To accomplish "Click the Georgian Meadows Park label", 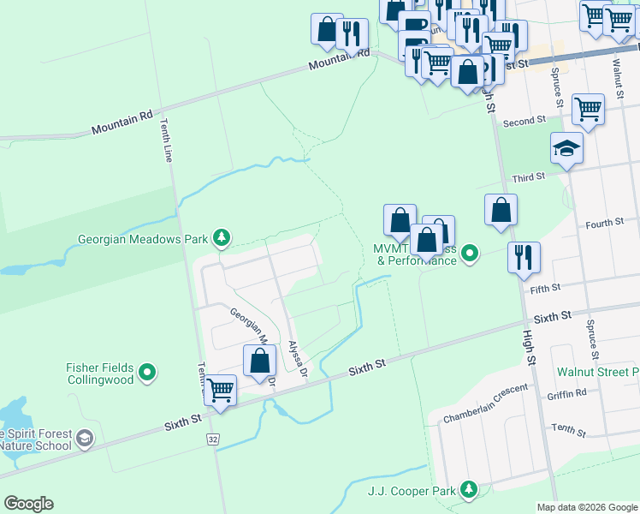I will tap(143, 239).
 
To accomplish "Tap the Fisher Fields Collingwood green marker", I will tap(148, 373).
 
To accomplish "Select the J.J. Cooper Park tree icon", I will tap(468, 489).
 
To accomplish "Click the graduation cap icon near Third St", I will tap(566, 149).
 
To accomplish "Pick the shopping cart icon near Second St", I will tap(588, 110).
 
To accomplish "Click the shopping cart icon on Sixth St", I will tap(221, 391).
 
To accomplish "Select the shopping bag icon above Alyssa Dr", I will tap(259, 361).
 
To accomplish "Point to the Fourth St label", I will tap(604, 223).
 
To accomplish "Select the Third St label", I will tap(528, 177).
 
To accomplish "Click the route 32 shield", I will tap(212, 439).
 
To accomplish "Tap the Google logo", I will tap(28, 504).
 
